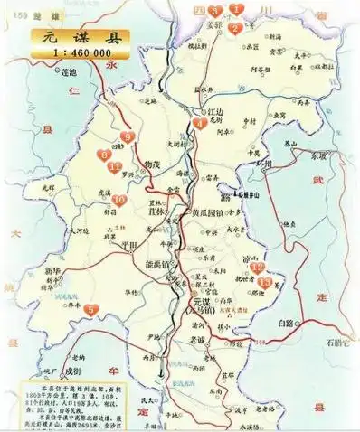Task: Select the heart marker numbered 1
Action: pyautogui.click(x=237, y=9)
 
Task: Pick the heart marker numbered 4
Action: pyautogui.click(x=200, y=124)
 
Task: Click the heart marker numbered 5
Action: pyautogui.click(x=90, y=310)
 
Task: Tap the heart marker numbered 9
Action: pyautogui.click(x=128, y=137)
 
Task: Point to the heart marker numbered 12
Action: pyautogui.click(x=257, y=268)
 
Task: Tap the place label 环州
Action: pyautogui.click(x=263, y=165)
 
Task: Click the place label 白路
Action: pyautogui.click(x=287, y=322)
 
